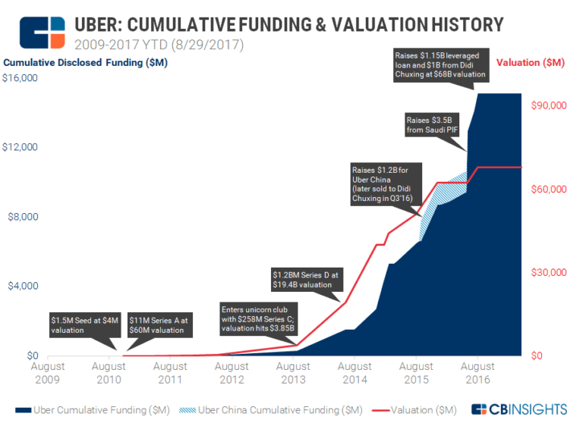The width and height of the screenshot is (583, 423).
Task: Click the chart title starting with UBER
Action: (288, 24)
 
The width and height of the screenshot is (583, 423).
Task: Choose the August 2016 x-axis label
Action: (477, 373)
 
